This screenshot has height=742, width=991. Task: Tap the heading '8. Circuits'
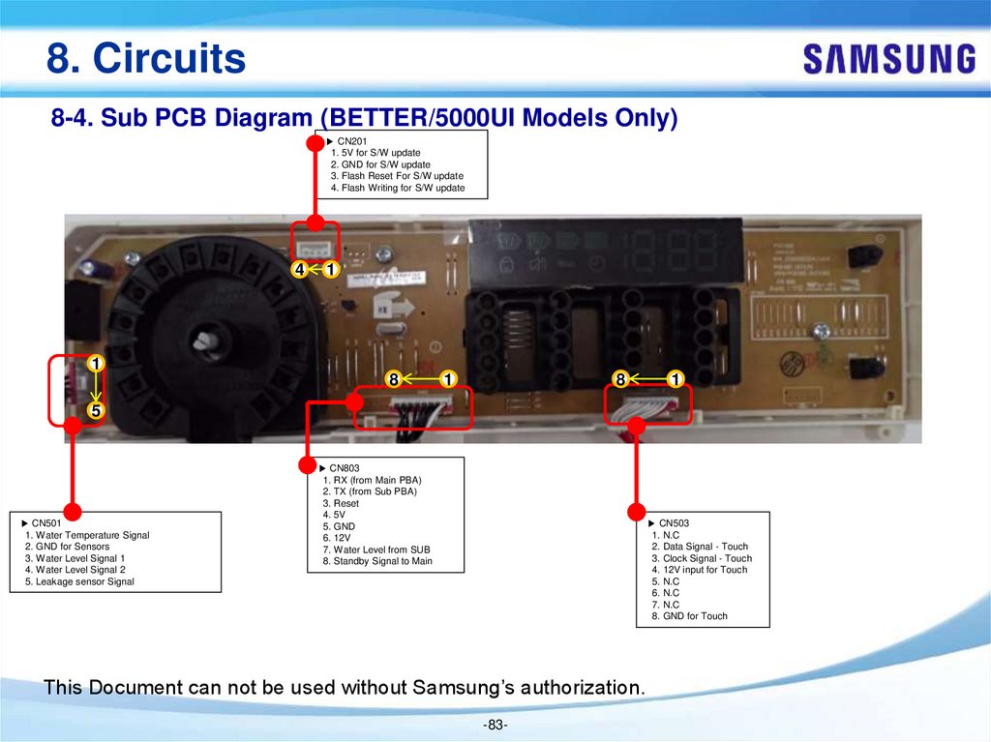(146, 59)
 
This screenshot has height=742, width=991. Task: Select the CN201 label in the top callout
(352, 141)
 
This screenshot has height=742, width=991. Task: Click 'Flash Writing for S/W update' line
(397, 189)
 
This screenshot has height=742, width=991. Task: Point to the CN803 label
(345, 468)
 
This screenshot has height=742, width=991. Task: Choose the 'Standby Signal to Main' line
(377, 561)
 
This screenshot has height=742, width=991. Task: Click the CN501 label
(46, 523)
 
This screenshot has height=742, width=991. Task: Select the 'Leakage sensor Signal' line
(79, 581)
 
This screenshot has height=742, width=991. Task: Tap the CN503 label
(674, 523)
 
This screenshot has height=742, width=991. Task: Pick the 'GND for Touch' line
(689, 616)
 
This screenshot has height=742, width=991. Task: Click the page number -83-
(495, 726)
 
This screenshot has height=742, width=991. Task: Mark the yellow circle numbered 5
(95, 411)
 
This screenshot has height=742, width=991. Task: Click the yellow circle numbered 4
(301, 269)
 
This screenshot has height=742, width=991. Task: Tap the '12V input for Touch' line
(699, 570)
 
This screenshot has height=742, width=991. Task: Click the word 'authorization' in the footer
(582, 688)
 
